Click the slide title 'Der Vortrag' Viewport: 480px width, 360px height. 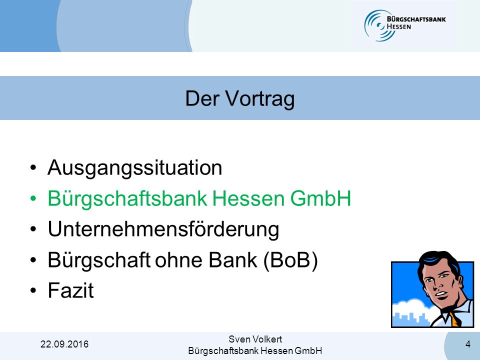(x=239, y=98)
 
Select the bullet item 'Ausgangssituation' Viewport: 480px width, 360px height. (x=134, y=168)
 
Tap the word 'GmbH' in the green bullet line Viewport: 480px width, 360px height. (x=320, y=198)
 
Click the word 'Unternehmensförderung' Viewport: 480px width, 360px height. (x=163, y=229)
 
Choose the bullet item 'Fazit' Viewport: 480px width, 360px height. (x=70, y=290)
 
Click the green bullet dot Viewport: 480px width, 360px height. (x=33, y=198)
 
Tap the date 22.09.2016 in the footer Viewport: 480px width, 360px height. (x=64, y=344)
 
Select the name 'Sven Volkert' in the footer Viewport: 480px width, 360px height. (x=255, y=339)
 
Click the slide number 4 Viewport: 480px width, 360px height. (x=468, y=344)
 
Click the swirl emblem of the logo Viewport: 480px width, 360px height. (x=376, y=25)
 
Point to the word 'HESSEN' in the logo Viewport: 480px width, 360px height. (x=399, y=26)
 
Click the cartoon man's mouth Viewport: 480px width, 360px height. (x=441, y=294)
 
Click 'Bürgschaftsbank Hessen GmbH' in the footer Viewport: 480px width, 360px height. (x=255, y=350)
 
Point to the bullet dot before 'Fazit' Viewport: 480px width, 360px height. (x=33, y=290)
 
